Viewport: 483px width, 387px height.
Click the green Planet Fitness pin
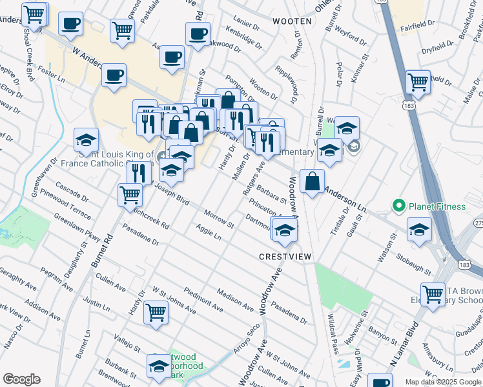[x=398, y=206]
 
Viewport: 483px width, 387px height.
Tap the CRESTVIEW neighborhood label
[x=285, y=257]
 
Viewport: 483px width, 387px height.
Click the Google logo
[x=21, y=379]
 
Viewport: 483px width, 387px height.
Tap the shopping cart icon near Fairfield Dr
[x=418, y=82]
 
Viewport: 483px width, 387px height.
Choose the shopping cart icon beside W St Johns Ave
[x=156, y=313]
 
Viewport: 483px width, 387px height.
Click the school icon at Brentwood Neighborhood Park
[x=158, y=366]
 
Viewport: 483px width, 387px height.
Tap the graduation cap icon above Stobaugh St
[x=419, y=228]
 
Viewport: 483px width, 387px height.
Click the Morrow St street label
[x=218, y=219]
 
